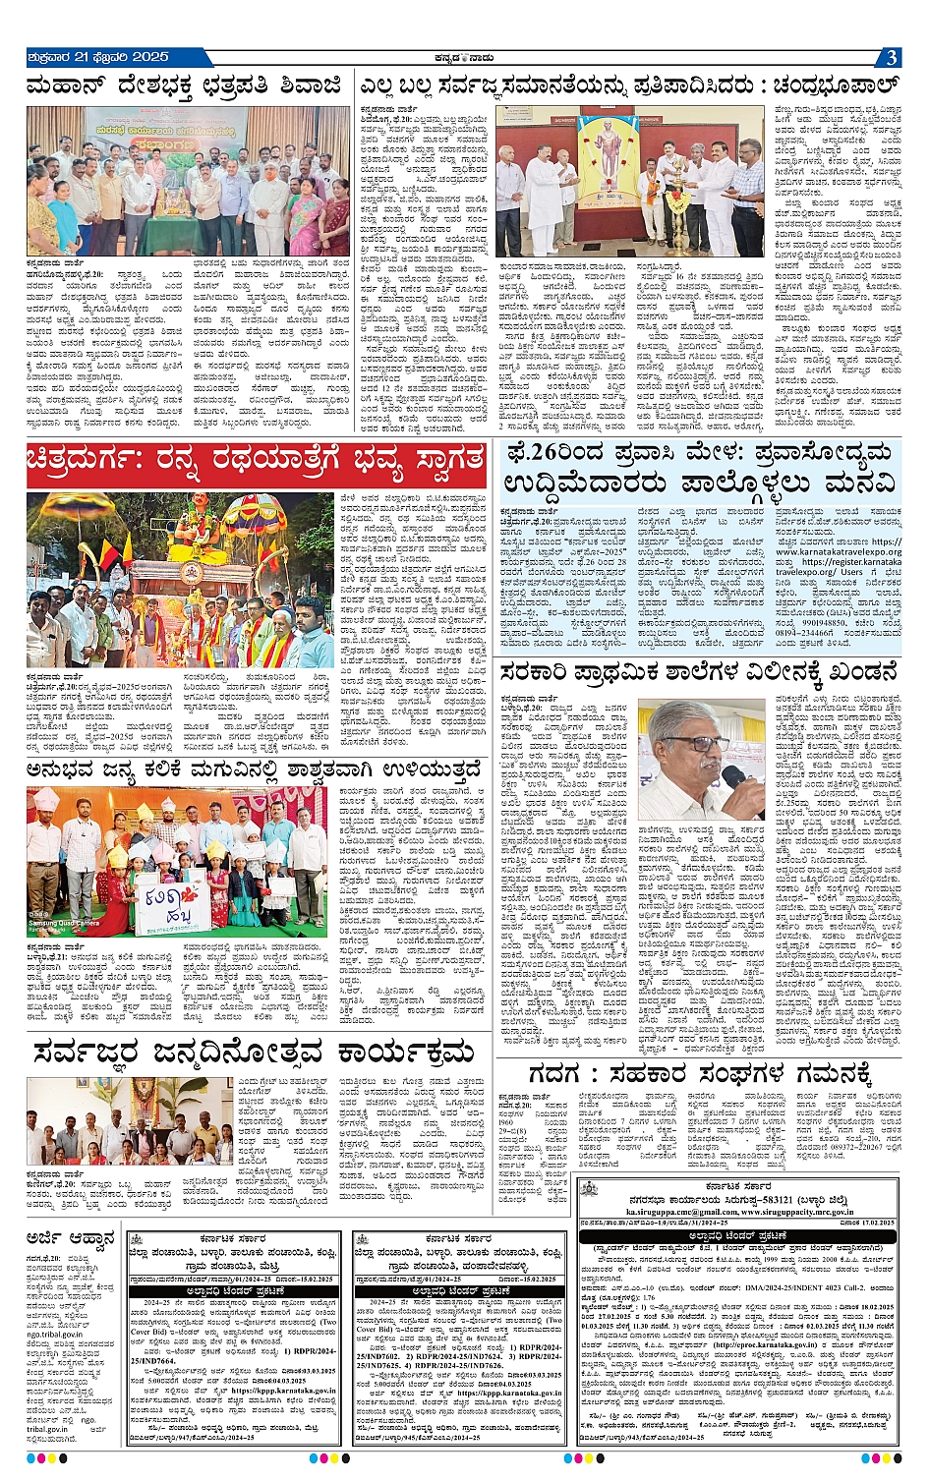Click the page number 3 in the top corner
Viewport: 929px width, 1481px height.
(890, 57)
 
